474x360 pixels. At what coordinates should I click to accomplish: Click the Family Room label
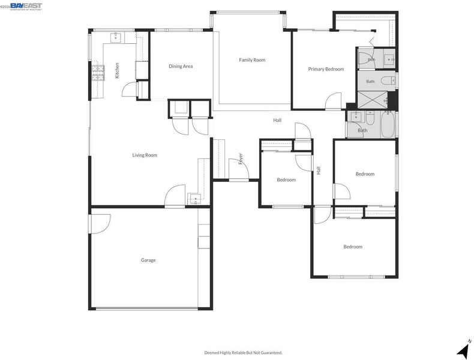tap(252, 60)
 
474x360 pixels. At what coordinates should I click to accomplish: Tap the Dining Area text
tap(181, 66)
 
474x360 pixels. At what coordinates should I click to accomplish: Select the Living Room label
tap(145, 155)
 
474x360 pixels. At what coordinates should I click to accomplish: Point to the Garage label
tap(148, 260)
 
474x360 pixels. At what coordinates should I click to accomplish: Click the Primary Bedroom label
tap(326, 69)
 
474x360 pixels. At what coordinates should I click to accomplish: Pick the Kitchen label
tap(117, 70)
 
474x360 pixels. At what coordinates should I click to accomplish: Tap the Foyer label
tap(241, 158)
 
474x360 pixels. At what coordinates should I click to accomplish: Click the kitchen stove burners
tap(98, 73)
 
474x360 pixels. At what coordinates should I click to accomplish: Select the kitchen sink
tap(116, 38)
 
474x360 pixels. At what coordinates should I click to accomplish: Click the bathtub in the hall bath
tap(387, 124)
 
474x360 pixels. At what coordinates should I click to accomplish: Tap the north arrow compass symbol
tap(464, 350)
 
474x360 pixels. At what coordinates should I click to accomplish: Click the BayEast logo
tap(26, 6)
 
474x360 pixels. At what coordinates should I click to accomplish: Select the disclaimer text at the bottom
tap(244, 352)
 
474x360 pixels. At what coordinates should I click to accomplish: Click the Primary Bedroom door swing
tap(333, 100)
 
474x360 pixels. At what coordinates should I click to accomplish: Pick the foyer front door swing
tap(239, 169)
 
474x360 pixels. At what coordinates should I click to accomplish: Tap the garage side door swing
tap(100, 224)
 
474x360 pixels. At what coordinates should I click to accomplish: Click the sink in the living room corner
tap(196, 199)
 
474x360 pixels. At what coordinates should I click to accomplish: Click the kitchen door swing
tap(129, 89)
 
